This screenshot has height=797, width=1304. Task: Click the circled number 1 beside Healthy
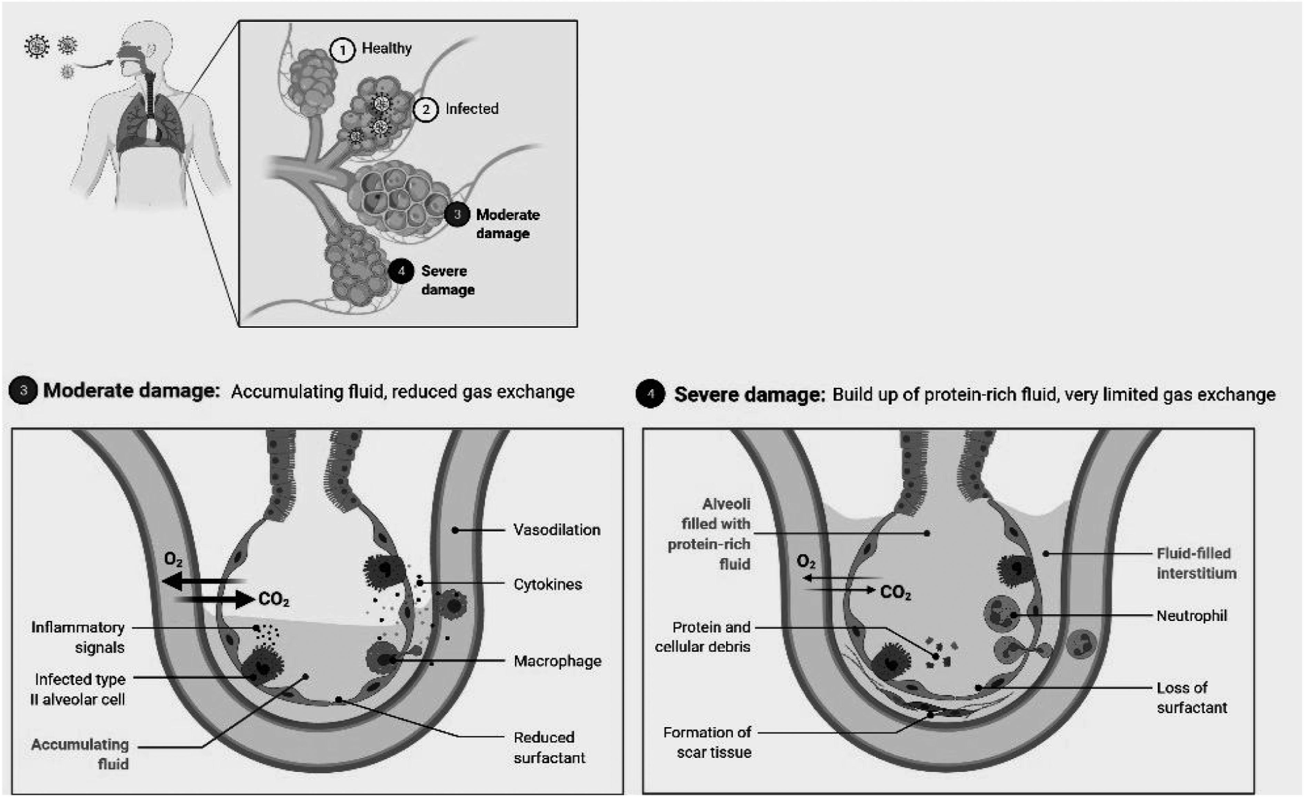click(342, 50)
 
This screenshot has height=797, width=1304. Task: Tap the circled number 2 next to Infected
click(425, 110)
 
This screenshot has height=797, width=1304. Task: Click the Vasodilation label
click(557, 530)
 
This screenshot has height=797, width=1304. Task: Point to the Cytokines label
click(548, 584)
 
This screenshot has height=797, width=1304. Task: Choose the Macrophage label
click(557, 661)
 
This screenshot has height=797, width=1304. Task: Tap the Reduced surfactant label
click(549, 747)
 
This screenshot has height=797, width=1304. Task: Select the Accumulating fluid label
click(80, 754)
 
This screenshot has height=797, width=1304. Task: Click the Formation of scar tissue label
click(707, 742)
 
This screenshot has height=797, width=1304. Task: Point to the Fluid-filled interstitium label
click(1196, 563)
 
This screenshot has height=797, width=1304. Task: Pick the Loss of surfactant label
click(1192, 697)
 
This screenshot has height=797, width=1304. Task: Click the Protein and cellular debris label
click(702, 637)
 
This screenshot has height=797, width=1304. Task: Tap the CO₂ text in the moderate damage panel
click(274, 599)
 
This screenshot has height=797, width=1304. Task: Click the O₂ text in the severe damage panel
click(806, 562)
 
